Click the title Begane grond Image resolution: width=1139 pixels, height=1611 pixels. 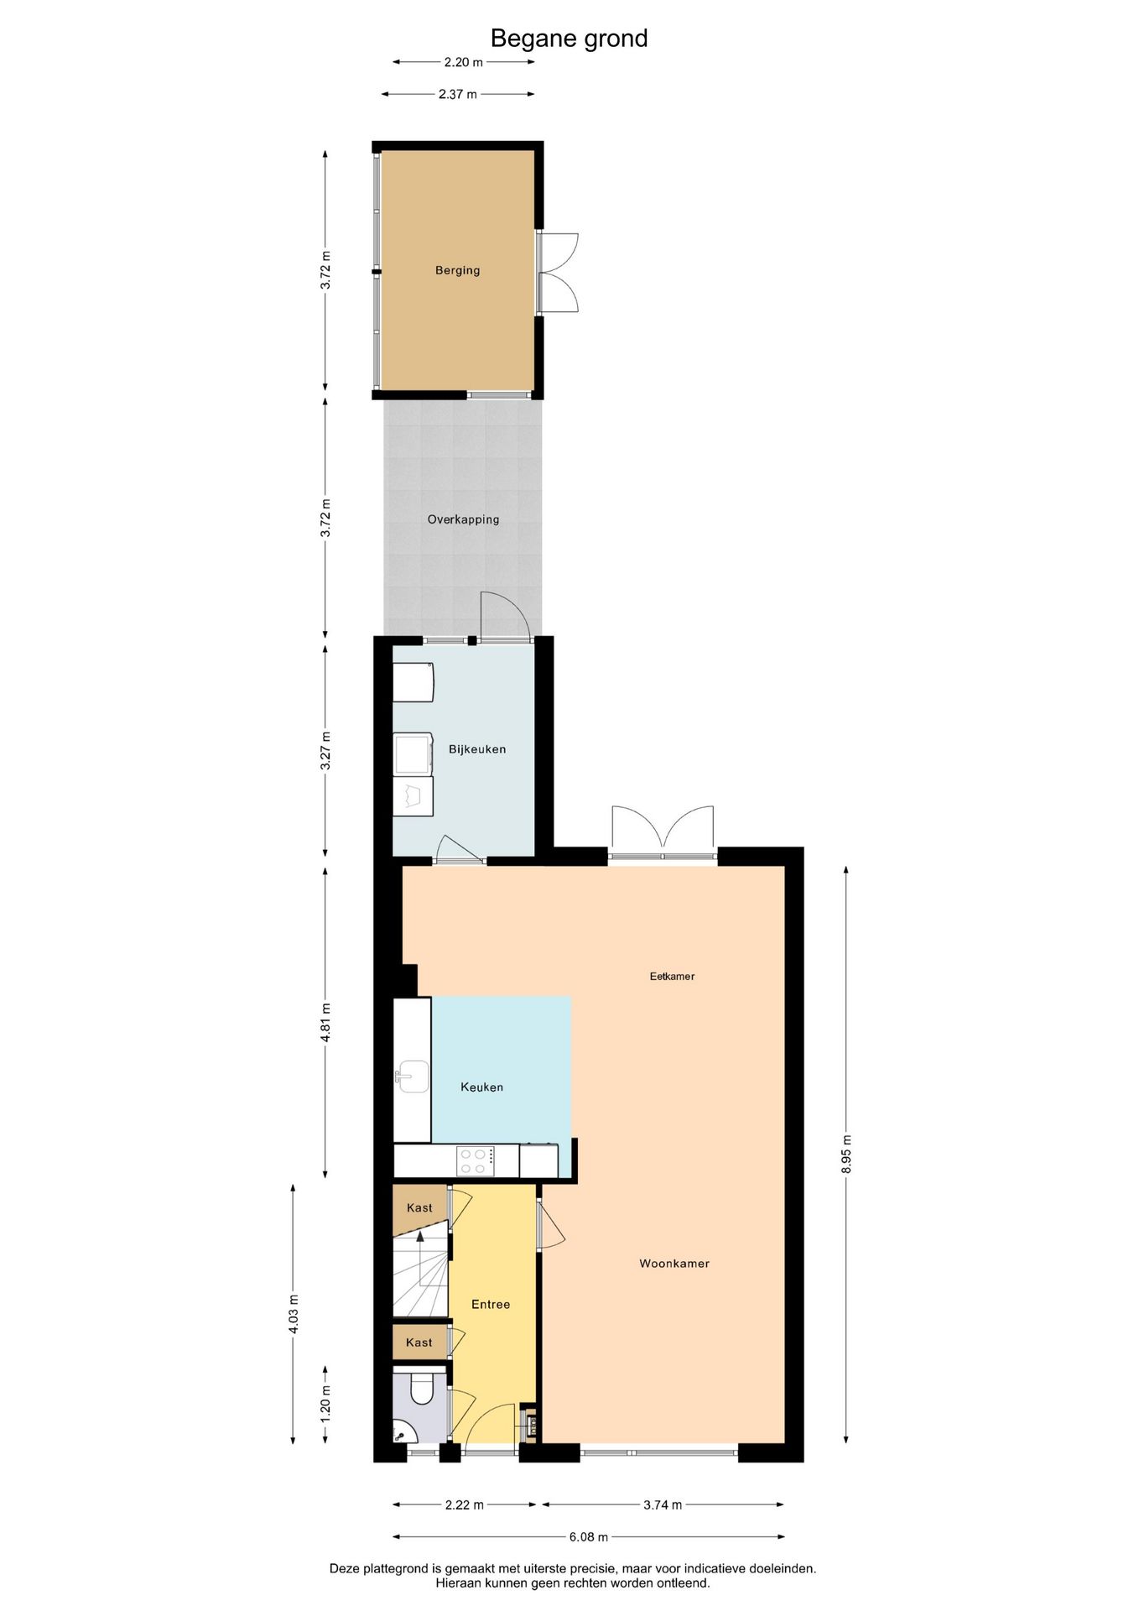tap(569, 39)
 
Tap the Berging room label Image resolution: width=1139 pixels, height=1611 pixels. tap(457, 270)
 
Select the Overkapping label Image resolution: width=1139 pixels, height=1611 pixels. tap(463, 519)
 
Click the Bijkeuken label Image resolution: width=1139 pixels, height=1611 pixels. tap(477, 749)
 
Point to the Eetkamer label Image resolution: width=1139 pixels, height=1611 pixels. tap(672, 976)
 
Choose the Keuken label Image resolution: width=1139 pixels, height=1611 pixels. tap(481, 1087)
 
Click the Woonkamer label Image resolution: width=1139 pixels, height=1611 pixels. tap(674, 1264)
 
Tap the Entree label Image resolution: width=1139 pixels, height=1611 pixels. tap(491, 1305)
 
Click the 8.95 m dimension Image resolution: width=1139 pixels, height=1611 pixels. tap(846, 1154)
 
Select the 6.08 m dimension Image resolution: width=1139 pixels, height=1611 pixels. tap(588, 1537)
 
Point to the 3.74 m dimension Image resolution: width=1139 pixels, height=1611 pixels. tap(663, 1505)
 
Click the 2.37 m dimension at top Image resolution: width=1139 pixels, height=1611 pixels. tap(457, 95)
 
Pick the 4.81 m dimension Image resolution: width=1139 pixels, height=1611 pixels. tap(325, 1022)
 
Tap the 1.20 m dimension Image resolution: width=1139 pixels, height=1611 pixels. tap(325, 1401)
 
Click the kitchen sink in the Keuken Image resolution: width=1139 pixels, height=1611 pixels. tap(413, 1077)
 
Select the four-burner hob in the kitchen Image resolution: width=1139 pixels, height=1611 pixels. tap(476, 1161)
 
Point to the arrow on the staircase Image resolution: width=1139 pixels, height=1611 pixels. tap(420, 1238)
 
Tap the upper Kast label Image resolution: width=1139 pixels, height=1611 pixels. tap(419, 1208)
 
